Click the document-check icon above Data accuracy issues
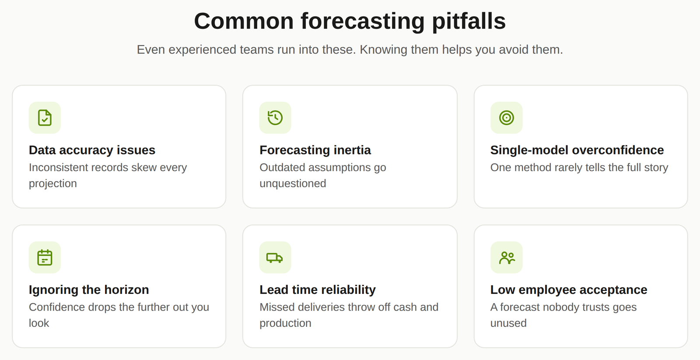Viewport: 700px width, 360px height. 45,118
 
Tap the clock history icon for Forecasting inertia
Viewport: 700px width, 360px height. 275,118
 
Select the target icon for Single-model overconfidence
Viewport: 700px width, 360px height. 507,118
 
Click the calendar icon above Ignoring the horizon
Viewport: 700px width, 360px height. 45,258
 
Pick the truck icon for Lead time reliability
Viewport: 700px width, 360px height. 275,258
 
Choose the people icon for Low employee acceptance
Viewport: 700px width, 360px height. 507,258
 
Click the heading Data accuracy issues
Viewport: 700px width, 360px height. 92,150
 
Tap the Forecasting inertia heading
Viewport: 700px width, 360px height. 315,150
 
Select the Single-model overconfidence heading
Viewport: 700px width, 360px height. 577,150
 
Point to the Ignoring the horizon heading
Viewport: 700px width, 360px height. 89,290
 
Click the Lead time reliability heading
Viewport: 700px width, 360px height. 318,290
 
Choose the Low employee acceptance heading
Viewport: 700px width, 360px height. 569,290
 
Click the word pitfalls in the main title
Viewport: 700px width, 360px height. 469,21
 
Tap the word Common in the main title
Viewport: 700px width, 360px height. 244,21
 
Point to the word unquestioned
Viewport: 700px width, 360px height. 293,183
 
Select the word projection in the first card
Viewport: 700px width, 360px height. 53,184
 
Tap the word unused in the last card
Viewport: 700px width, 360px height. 508,323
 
